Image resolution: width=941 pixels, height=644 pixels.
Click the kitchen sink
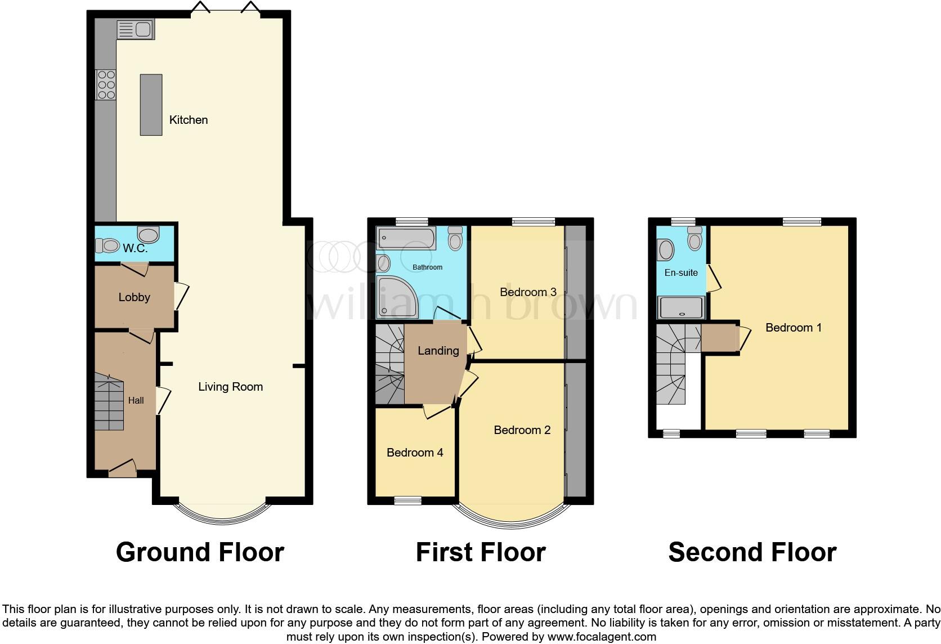pyautogui.click(x=135, y=29)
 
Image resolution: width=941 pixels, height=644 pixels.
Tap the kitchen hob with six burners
pyautogui.click(x=106, y=85)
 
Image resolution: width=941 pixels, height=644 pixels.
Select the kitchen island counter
pyautogui.click(x=151, y=105)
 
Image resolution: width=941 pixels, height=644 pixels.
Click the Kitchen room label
pyautogui.click(x=189, y=120)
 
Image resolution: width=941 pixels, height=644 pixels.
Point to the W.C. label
pyautogui.click(x=135, y=248)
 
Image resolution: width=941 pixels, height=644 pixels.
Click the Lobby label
pyautogui.click(x=134, y=297)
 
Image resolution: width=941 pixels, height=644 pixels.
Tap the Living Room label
pyautogui.click(x=230, y=387)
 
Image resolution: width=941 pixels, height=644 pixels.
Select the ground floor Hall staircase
pyautogui.click(x=109, y=404)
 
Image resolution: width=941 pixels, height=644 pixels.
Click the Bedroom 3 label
pyautogui.click(x=528, y=292)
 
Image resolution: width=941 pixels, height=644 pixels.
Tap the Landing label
pyautogui.click(x=438, y=351)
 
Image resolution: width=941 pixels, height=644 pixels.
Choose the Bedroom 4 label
pyautogui.click(x=415, y=453)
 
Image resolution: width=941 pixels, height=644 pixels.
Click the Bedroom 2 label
pyautogui.click(x=522, y=430)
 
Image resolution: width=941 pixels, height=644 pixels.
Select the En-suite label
pyautogui.click(x=681, y=272)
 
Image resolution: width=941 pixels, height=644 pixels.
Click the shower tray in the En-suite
pyautogui.click(x=682, y=308)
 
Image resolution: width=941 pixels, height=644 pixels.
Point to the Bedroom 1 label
pyautogui.click(x=794, y=328)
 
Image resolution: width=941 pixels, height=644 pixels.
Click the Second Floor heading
pyautogui.click(x=752, y=552)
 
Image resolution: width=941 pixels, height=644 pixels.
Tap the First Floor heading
pyautogui.click(x=481, y=552)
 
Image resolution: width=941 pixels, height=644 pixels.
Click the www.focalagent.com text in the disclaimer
pyautogui.click(x=602, y=637)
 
